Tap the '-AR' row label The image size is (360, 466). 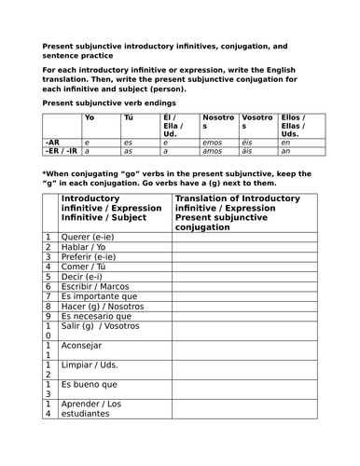click(x=52, y=141)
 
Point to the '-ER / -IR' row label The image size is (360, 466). click(x=62, y=149)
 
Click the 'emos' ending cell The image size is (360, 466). click(x=214, y=141)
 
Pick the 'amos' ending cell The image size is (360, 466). click(x=214, y=149)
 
